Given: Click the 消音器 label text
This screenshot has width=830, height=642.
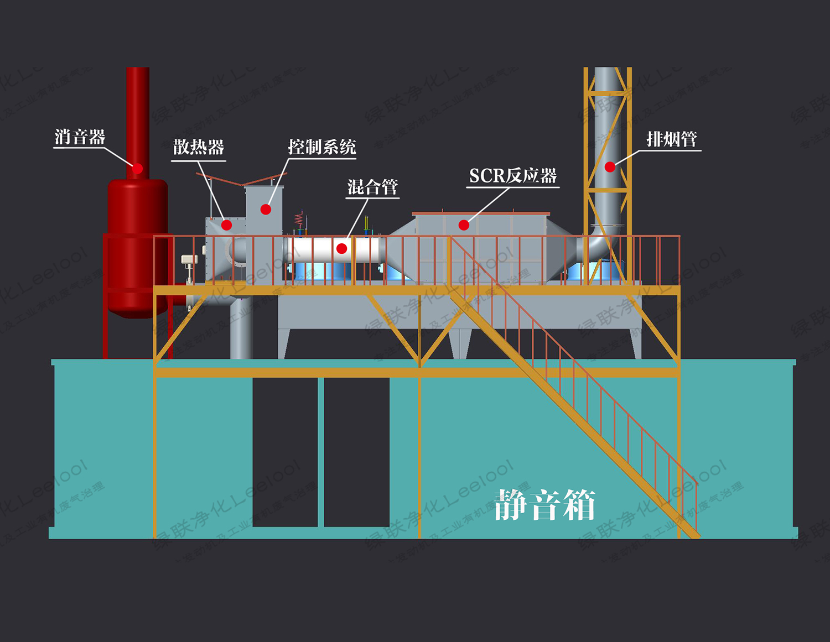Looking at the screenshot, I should pos(80,137).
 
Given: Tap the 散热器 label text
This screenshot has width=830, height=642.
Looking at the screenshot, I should pos(199,147).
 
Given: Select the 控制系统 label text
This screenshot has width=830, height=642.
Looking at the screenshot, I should pos(321,147).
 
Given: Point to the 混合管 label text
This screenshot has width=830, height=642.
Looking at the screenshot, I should pos(372,187).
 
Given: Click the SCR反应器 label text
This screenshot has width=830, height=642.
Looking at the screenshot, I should pos(513,176).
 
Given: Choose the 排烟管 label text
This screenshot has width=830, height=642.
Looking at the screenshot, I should pos(672,139).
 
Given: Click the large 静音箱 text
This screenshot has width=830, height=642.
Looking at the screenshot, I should pos(544,504).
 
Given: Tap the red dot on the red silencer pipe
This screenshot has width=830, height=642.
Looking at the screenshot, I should pos(137,168).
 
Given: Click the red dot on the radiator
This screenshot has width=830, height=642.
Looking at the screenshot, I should pos(226,225).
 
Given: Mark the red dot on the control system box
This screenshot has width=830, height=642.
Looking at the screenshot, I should pos(266,210).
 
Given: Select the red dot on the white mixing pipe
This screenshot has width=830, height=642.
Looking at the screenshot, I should pos(342,249).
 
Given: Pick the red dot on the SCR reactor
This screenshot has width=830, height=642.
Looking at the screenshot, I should pos(464,225).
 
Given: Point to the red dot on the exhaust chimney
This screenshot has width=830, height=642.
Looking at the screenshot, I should pos(610,166).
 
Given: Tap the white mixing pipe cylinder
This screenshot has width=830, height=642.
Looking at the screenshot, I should pos(315,250).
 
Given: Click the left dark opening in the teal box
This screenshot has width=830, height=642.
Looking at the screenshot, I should pos(285,451).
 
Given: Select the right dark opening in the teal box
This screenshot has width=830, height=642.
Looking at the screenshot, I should pos(356,451).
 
